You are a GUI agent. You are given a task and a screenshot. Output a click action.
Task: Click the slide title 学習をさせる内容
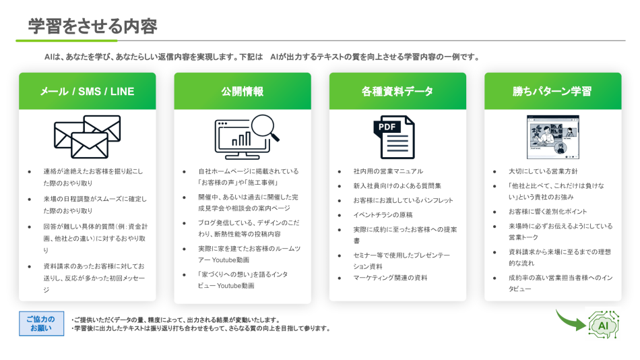[x=92, y=26]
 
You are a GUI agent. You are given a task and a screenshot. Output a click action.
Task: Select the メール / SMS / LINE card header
[x=88, y=91]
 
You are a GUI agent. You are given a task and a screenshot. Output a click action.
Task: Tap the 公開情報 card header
[x=243, y=91]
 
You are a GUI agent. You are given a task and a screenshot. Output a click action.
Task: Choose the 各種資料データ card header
[x=397, y=91]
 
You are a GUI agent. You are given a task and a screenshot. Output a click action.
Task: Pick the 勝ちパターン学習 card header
[x=552, y=91]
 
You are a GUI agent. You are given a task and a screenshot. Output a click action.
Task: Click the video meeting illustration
[x=552, y=136]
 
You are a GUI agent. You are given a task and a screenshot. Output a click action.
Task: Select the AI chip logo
[x=603, y=325]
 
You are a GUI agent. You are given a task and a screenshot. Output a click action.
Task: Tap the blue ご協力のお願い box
[x=41, y=324]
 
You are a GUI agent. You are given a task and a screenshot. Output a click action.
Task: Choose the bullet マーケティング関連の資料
[x=391, y=278]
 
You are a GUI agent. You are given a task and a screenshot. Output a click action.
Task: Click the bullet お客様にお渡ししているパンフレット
[x=403, y=200]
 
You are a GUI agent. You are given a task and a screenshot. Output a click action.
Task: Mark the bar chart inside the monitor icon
[x=241, y=138]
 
